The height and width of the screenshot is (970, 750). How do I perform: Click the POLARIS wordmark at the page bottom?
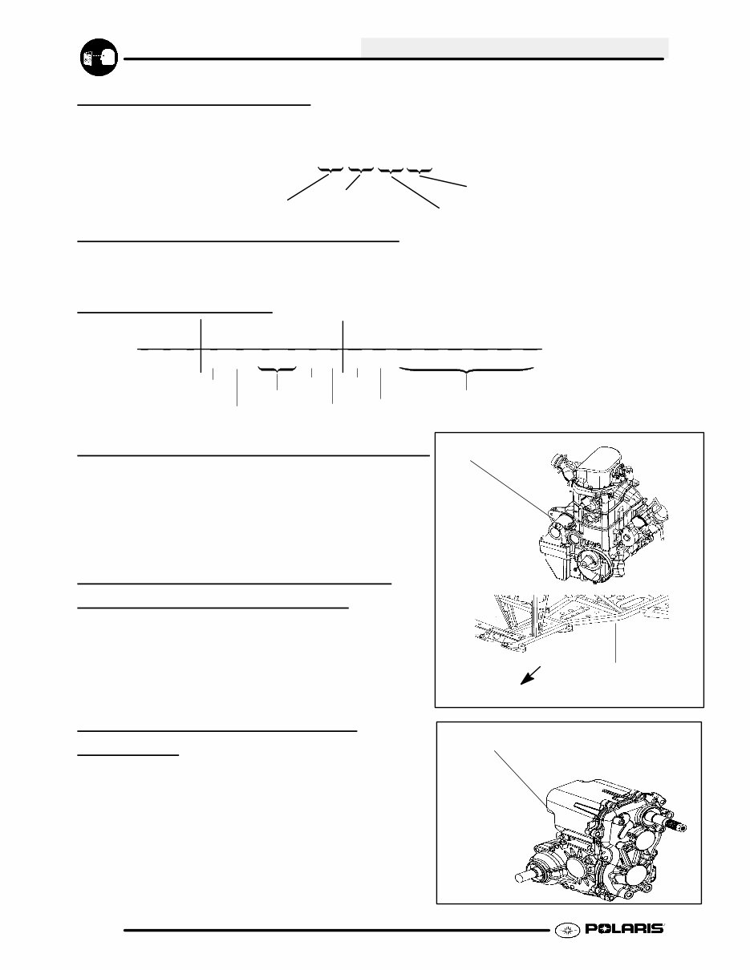click(x=625, y=928)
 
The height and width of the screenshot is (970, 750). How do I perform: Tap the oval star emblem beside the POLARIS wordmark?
click(x=567, y=930)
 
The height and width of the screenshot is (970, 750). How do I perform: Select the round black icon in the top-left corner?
click(x=99, y=57)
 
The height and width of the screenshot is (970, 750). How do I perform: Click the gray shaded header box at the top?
click(x=515, y=47)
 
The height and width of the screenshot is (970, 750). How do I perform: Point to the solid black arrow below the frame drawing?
click(x=531, y=676)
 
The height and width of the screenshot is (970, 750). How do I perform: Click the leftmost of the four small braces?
click(x=330, y=170)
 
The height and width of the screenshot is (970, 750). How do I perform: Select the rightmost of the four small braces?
click(x=420, y=170)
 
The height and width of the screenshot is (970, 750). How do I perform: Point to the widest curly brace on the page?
click(x=466, y=370)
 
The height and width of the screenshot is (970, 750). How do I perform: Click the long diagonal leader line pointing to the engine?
click(x=509, y=488)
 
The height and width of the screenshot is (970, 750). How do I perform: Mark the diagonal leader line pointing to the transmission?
click(x=521, y=779)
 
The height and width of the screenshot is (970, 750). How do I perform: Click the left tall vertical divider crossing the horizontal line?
click(x=201, y=346)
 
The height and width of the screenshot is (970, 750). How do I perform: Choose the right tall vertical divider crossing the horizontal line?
click(x=343, y=346)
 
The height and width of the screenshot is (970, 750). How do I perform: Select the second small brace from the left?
click(x=360, y=170)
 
